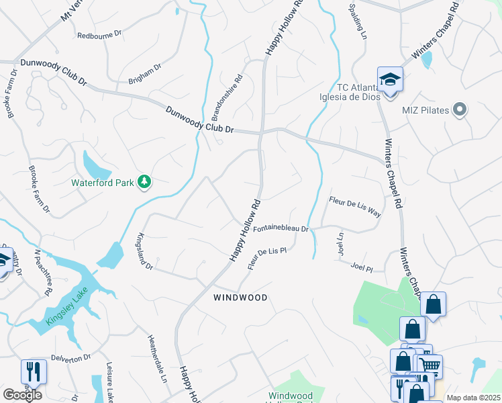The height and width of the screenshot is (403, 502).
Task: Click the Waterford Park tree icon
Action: tap(144, 181)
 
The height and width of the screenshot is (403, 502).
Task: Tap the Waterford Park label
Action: tap(104, 182)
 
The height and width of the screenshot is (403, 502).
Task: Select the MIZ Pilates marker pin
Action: tap(460, 109)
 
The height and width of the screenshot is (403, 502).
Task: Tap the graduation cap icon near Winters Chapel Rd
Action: tap(389, 80)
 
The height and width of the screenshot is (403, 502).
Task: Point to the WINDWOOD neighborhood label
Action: tap(240, 297)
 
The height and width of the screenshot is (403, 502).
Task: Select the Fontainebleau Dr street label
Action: tap(280, 228)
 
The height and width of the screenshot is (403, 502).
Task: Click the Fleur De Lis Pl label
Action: tap(267, 258)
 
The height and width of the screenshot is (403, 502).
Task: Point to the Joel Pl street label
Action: tap(361, 267)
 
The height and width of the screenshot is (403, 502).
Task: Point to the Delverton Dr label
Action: tap(69, 358)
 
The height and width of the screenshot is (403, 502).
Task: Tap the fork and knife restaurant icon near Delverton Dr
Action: tap(32, 371)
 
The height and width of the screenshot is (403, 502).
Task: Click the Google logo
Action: tap(22, 395)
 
